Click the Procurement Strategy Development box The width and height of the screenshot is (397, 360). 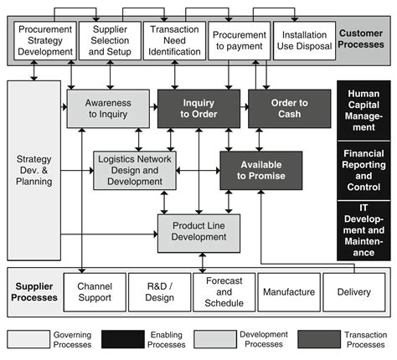pos(44,40)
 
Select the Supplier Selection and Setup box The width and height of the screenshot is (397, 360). pos(109,40)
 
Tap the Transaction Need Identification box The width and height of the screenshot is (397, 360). pos(173,40)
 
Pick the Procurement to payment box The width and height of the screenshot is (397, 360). pos(238,40)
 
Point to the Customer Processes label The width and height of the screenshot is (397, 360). pos(361,39)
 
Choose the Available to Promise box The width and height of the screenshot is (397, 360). pos(261,170)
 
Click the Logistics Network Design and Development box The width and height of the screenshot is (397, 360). pos(134,170)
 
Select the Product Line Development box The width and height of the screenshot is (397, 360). pos(198,231)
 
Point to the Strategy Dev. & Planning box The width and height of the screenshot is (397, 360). pos(34,170)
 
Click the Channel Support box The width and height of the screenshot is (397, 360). pos(95,292)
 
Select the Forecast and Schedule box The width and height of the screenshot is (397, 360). pos(224,292)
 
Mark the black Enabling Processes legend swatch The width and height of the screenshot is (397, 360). pos(133,338)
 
